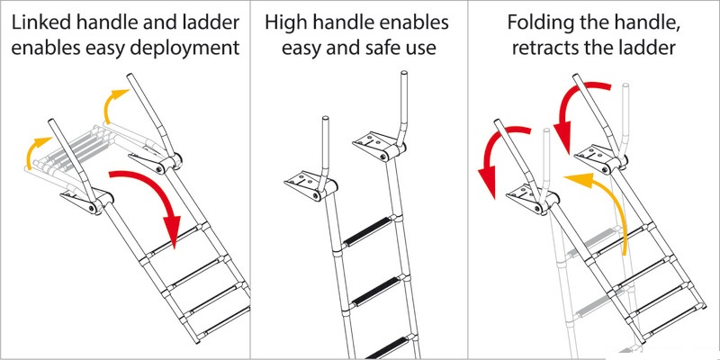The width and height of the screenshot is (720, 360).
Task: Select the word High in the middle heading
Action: click(x=287, y=22)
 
